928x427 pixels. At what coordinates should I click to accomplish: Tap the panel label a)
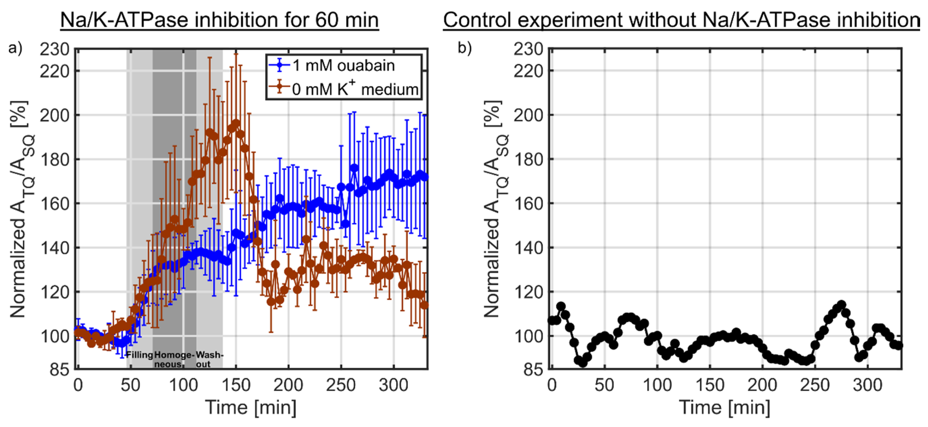coord(15,48)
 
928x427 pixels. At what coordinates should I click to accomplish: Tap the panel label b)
coord(465,48)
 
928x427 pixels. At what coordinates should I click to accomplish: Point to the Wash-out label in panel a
coord(209,359)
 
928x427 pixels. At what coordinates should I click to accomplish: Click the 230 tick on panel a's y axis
coord(54,49)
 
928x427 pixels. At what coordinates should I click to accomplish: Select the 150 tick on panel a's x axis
coord(236,385)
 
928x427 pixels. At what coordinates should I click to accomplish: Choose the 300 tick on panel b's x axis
coord(867,385)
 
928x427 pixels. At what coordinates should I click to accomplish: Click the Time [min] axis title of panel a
coord(251,408)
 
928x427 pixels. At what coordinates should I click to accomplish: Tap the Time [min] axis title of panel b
coord(725,408)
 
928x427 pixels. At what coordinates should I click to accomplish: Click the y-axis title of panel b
coord(496,209)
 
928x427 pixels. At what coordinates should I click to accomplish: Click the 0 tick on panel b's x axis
coord(552,385)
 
